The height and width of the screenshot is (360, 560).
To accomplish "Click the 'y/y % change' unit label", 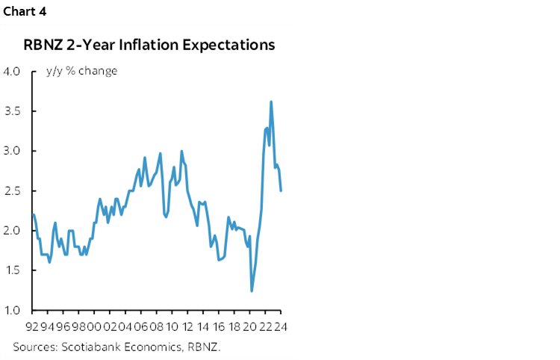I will (81, 71).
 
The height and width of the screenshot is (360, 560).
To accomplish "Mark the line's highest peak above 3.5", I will (270, 102).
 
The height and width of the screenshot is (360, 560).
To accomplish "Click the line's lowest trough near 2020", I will (252, 291).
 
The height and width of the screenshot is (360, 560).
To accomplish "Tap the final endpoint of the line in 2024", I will (281, 190).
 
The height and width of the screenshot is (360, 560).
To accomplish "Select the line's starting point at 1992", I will (34, 214).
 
